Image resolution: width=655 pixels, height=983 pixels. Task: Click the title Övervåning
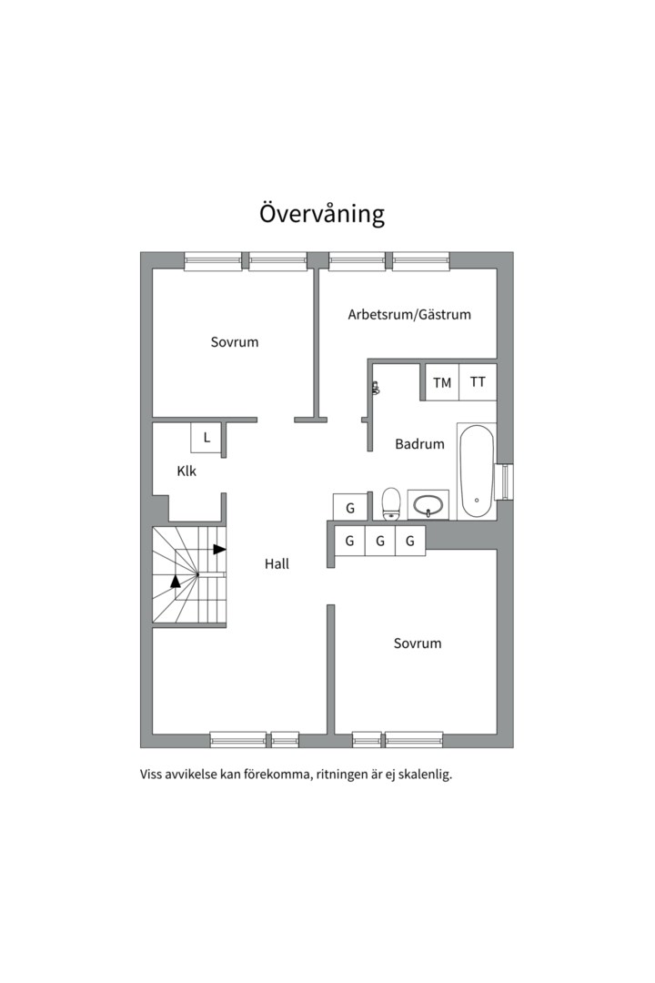[x=321, y=213]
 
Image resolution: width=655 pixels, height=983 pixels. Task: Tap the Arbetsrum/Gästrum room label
[x=409, y=314]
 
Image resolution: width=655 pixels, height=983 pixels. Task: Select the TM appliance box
[x=442, y=381]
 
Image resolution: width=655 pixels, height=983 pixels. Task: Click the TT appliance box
[x=478, y=381]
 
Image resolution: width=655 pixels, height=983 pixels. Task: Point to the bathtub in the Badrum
[x=477, y=471]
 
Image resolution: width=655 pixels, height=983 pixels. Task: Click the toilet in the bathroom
[x=391, y=503]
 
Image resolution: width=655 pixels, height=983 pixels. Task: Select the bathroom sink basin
[x=428, y=504]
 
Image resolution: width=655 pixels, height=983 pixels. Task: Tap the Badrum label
[x=419, y=444]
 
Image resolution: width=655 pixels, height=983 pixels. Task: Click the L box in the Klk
[x=207, y=438]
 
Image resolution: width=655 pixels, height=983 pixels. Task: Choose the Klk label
[x=186, y=471]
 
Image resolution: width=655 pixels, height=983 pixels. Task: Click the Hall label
[x=277, y=563]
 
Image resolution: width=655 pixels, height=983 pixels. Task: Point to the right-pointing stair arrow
[x=219, y=549]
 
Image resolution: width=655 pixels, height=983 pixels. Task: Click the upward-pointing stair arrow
[x=176, y=581]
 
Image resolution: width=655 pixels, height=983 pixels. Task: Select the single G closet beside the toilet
[x=349, y=507]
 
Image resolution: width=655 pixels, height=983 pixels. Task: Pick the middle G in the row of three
[x=380, y=541]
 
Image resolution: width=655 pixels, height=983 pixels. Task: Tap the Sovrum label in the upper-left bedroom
[x=235, y=341]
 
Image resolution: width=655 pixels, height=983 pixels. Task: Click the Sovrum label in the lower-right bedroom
[x=418, y=643]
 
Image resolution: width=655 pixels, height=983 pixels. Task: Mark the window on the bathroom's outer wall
[x=504, y=482]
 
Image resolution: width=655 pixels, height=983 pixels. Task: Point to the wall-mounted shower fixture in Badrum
[x=376, y=389]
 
